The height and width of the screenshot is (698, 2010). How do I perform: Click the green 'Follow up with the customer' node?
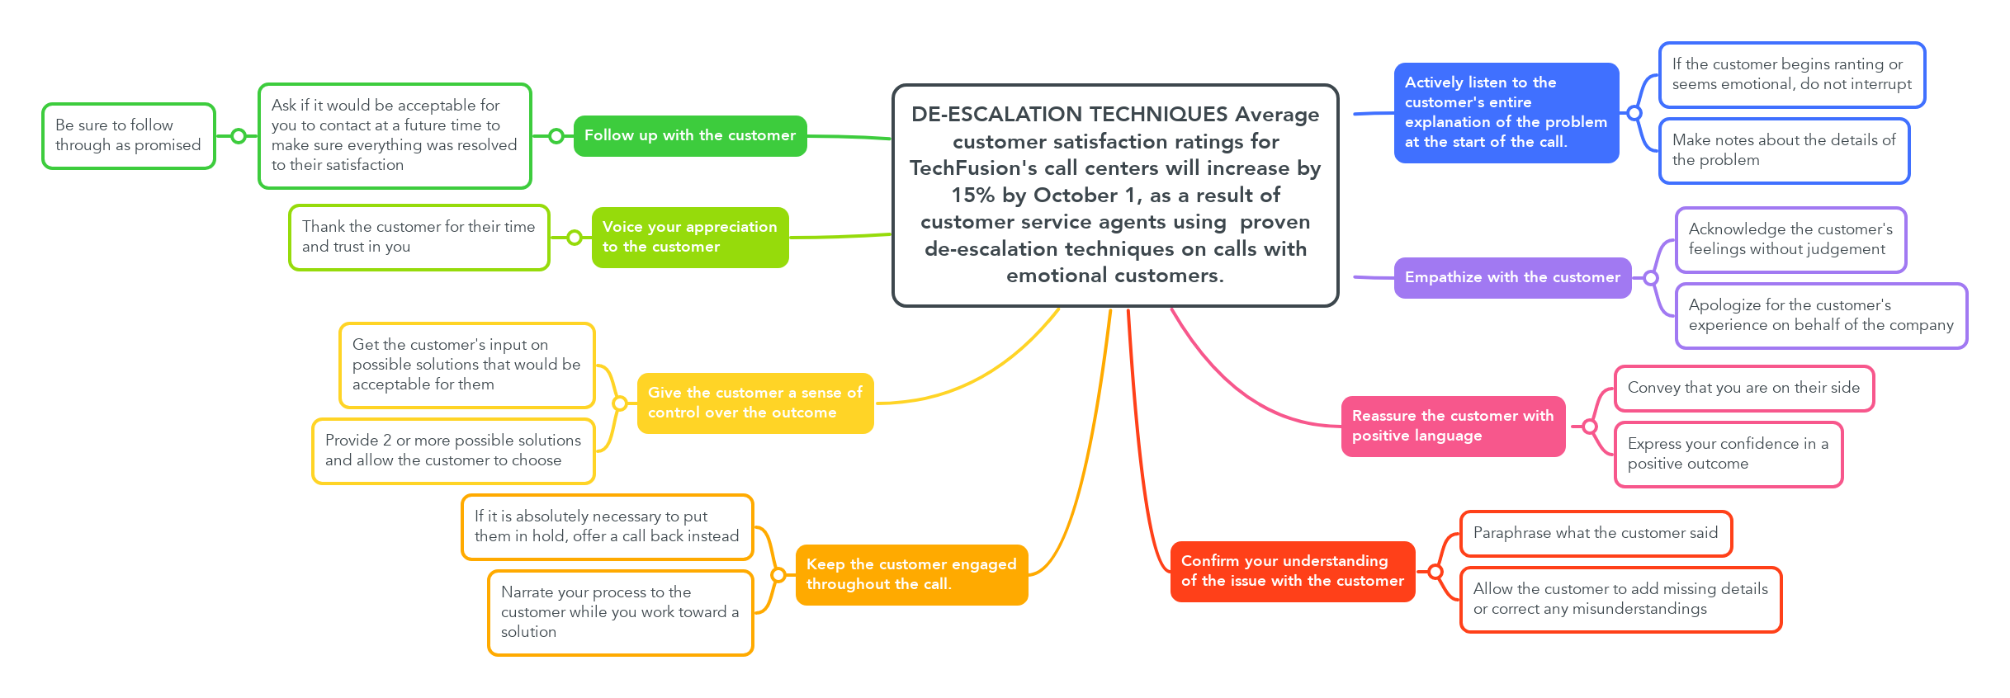click(x=690, y=135)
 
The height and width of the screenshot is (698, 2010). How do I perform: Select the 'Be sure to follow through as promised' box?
click(x=129, y=135)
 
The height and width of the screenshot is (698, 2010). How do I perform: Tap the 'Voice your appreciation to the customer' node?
click(x=690, y=237)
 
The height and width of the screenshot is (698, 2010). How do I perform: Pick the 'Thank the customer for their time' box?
click(x=419, y=237)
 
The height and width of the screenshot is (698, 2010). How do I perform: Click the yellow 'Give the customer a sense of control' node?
click(x=754, y=403)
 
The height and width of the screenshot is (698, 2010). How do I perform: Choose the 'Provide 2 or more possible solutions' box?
click(x=453, y=450)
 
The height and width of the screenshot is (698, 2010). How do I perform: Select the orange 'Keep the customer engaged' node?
click(x=911, y=574)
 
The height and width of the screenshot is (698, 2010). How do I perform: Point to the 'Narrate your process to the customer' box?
click(x=620, y=612)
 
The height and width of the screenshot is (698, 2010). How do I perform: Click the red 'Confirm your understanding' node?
click(x=1292, y=571)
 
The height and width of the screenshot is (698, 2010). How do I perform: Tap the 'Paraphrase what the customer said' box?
click(x=1596, y=533)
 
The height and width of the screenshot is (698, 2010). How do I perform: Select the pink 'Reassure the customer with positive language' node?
click(x=1453, y=426)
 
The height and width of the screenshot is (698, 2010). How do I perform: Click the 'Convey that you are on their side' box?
click(x=1743, y=388)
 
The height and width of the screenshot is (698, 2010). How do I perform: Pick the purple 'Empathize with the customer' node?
click(x=1512, y=277)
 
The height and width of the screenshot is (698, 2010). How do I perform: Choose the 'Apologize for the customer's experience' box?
click(x=1821, y=315)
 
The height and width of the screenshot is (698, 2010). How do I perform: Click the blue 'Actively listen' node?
click(x=1506, y=112)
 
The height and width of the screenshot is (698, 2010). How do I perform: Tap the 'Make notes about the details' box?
click(x=1784, y=150)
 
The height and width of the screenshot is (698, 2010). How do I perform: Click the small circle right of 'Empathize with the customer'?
click(x=1650, y=278)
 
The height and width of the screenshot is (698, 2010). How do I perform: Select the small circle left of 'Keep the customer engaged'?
click(x=778, y=575)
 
